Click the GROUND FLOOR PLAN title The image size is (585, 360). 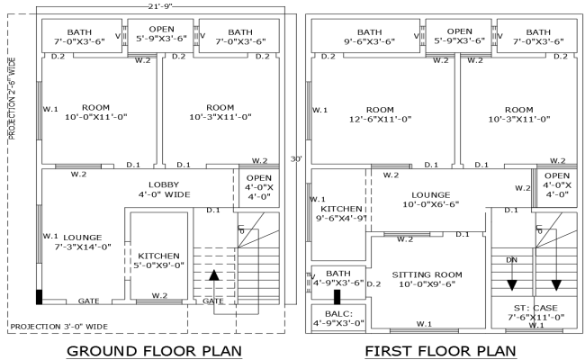[x=156, y=349]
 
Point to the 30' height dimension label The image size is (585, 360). [x=293, y=159]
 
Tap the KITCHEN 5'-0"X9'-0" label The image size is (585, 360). [x=158, y=260]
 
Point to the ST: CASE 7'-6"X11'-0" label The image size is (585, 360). [x=536, y=311]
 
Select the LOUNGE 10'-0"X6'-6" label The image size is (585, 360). [x=429, y=199]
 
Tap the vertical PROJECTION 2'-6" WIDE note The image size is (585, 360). [x=13, y=100]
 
